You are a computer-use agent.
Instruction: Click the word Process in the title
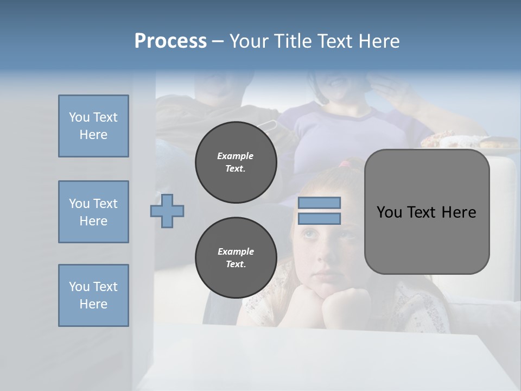pos(170,41)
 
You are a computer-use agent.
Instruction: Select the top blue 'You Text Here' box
pos(93,126)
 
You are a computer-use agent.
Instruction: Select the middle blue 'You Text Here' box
pos(93,212)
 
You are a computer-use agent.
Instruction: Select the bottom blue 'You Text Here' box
pos(93,295)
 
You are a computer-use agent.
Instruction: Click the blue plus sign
pos(167,211)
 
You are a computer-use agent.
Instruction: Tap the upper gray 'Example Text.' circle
pos(236,162)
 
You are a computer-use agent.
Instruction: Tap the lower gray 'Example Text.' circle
pos(236,257)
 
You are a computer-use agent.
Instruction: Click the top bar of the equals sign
pos(320,203)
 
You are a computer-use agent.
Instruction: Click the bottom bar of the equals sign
pos(320,219)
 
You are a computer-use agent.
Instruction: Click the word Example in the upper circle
pos(236,156)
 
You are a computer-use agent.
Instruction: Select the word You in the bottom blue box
pos(79,287)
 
